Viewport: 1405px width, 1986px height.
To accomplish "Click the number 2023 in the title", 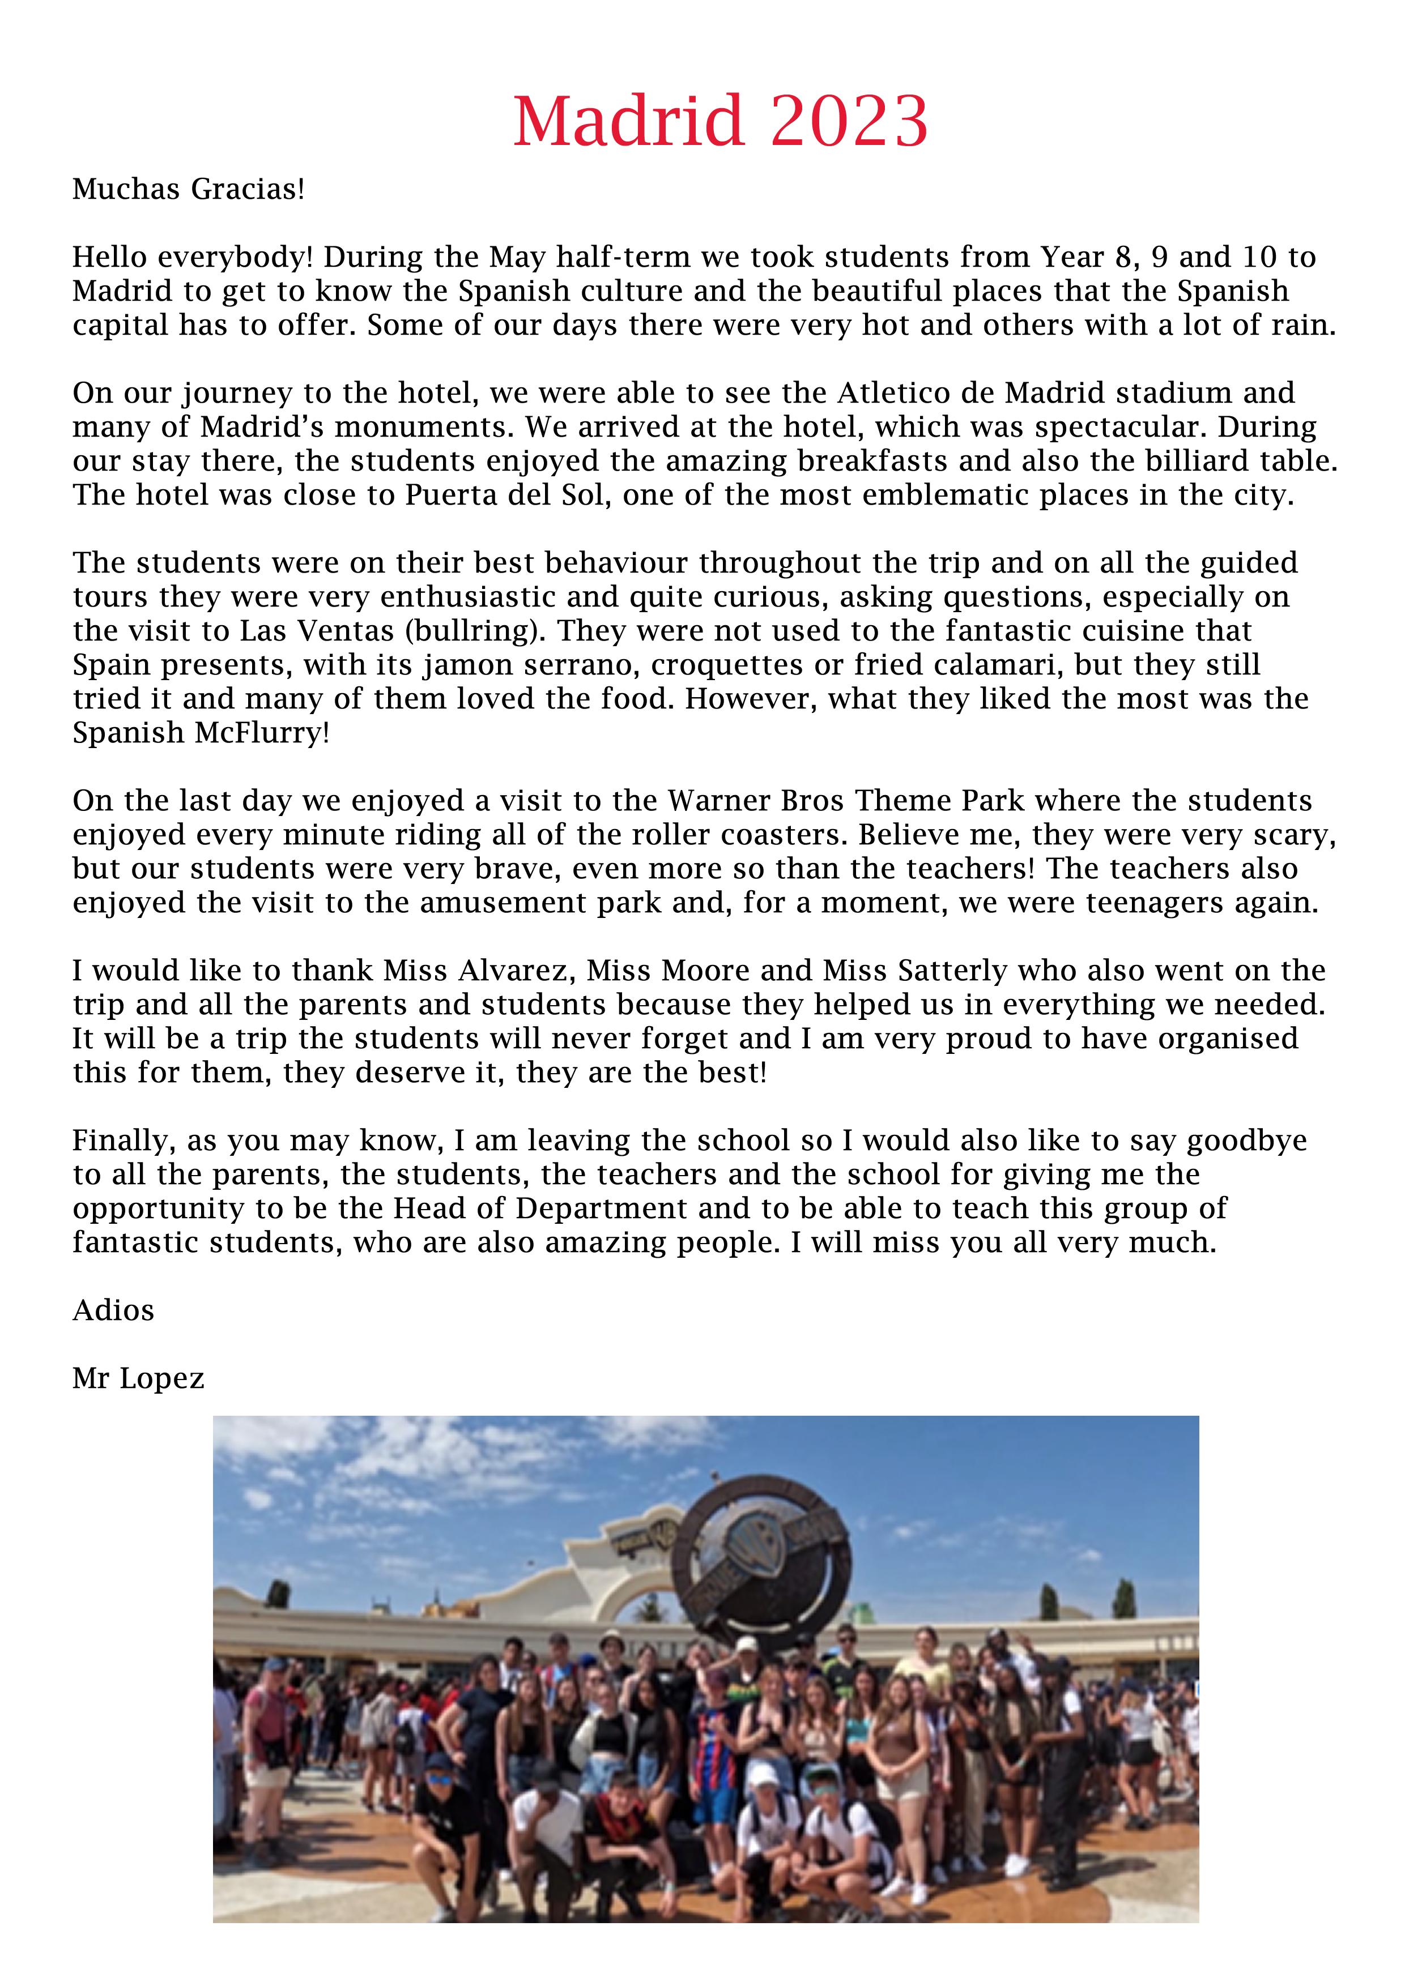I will [849, 121].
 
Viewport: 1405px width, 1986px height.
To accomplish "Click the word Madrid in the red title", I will [628, 121].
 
